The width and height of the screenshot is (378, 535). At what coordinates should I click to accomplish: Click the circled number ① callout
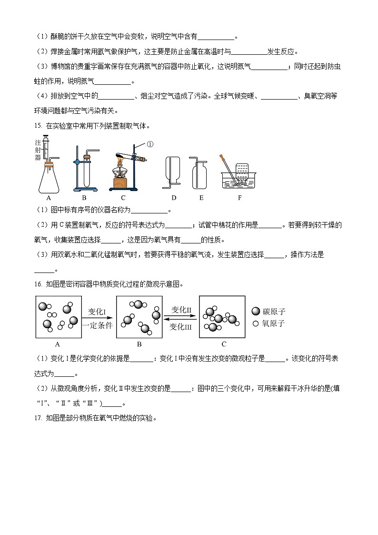[149, 144]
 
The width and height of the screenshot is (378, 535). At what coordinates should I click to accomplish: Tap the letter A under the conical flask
[48, 198]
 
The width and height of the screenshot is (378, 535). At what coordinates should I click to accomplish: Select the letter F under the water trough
[239, 198]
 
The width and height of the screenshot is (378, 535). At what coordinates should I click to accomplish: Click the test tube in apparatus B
[87, 174]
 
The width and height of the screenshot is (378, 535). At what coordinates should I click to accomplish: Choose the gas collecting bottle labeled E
[199, 174]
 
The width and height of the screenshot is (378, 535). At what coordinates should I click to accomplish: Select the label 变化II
[181, 310]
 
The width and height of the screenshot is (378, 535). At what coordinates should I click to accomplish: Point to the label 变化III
[181, 326]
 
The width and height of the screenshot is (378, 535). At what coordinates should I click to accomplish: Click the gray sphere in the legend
[256, 312]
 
